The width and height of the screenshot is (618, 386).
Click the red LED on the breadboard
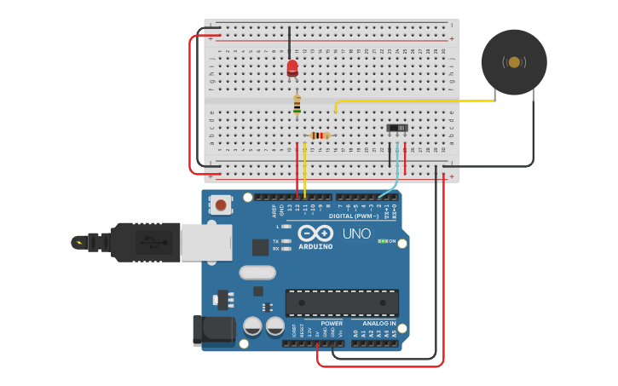point(292,66)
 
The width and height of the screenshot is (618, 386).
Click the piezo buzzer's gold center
point(514,61)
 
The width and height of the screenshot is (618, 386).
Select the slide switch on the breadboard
point(397,128)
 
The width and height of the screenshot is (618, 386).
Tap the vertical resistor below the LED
point(297,104)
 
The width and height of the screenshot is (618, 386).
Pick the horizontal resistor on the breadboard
point(320,135)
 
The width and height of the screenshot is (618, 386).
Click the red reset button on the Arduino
point(222,205)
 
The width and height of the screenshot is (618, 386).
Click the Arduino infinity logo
point(315,233)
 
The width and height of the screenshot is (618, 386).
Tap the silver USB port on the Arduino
point(205,242)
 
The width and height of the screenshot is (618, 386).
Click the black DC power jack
point(213,330)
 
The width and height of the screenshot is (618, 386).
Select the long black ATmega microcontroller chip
point(342,302)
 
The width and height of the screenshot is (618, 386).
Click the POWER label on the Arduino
point(332,324)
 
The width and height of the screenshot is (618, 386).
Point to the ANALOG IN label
point(378,324)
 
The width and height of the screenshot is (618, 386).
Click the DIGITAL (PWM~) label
point(354,216)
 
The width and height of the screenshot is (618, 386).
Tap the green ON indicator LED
point(384,241)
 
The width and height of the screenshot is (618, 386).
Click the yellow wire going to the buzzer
point(418,101)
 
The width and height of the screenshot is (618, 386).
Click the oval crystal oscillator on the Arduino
point(257,273)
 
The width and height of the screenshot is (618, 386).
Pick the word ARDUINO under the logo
point(315,246)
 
